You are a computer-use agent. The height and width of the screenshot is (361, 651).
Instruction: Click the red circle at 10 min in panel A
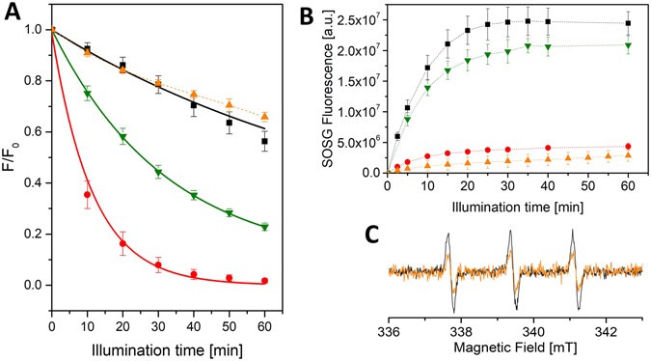click(x=88, y=195)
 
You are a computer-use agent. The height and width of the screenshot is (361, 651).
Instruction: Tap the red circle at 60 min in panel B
click(x=629, y=147)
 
